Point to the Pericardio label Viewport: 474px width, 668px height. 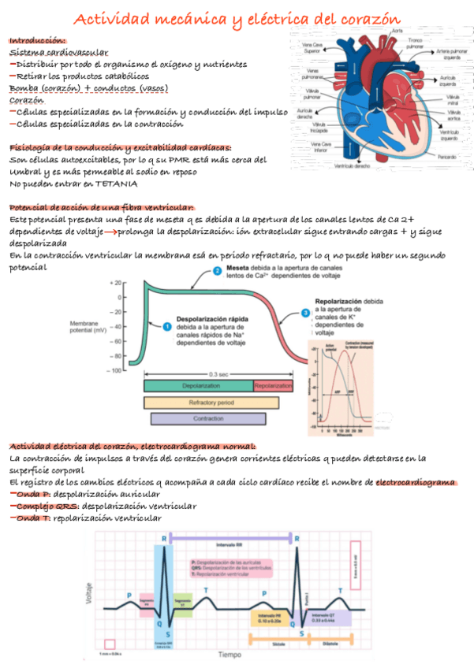coord(447,156)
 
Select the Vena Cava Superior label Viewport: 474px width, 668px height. coord(312,49)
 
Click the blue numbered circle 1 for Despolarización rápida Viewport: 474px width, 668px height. coord(166,326)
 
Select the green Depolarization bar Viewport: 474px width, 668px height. coord(198,386)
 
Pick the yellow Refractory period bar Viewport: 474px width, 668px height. coord(211,403)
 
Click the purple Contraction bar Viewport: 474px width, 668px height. coord(207,418)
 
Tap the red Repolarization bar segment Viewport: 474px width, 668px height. coord(273,386)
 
